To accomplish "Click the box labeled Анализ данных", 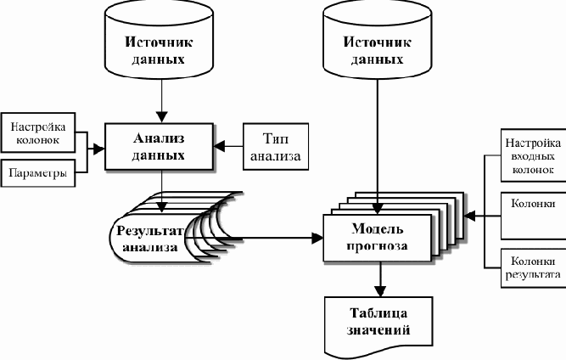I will pyautogui.click(x=159, y=147).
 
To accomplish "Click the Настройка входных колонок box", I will pyautogui.click(x=530, y=156).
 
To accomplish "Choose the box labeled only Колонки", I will pyautogui.click(x=530, y=216).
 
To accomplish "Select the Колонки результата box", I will pyautogui.click(x=530, y=268).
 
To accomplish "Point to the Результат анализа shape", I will pyautogui.click(x=149, y=239).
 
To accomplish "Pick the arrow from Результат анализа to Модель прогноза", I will pyautogui.click(x=272, y=239).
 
